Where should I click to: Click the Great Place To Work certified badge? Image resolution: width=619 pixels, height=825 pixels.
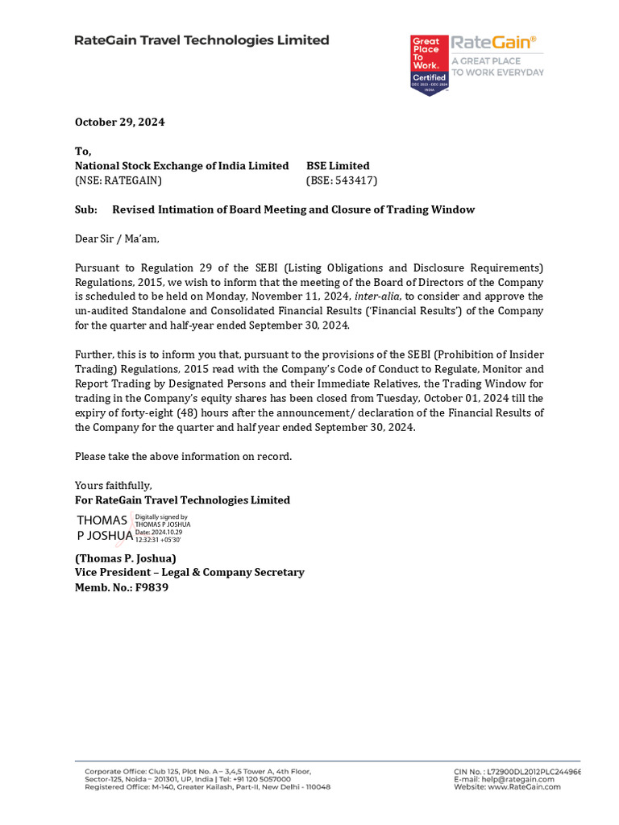[428, 65]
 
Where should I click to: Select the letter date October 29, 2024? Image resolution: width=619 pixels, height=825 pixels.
[119, 122]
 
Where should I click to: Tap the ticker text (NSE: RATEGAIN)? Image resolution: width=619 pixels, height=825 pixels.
[118, 180]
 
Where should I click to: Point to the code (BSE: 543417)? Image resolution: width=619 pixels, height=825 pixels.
[342, 180]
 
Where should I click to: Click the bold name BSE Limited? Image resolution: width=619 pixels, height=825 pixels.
[338, 166]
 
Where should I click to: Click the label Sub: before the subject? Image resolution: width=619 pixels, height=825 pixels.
[85, 209]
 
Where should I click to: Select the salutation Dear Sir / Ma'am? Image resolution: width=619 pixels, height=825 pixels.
[118, 238]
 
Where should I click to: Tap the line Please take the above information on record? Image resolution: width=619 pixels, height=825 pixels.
[183, 457]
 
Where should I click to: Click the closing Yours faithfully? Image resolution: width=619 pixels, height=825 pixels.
[114, 486]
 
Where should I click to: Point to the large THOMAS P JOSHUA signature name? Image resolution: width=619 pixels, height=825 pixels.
[103, 528]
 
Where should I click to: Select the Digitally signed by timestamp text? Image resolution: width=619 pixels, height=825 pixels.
[162, 528]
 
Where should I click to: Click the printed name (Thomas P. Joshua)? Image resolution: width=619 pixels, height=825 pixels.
[125, 558]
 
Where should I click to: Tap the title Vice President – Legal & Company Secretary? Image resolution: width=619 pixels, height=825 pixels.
[189, 573]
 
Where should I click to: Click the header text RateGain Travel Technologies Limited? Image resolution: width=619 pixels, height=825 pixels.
[201, 40]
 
